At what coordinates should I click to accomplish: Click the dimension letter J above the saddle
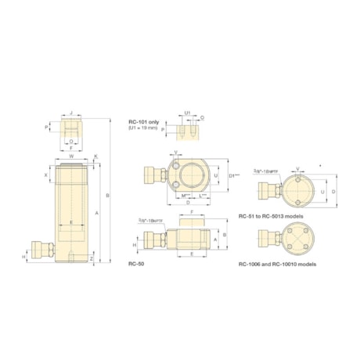tap(72, 113)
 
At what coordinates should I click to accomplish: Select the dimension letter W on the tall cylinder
tap(72, 156)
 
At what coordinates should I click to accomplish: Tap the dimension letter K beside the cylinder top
tap(97, 157)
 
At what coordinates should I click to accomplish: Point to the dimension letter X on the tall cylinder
tap(46, 175)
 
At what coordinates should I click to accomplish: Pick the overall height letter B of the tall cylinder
tap(107, 195)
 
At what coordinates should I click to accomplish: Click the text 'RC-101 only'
tap(142, 122)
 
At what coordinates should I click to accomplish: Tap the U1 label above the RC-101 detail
tap(188, 113)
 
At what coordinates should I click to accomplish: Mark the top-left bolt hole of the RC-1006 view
tap(290, 232)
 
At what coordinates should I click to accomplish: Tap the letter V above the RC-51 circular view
tap(297, 167)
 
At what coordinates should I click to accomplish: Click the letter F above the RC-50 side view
tap(192, 212)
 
